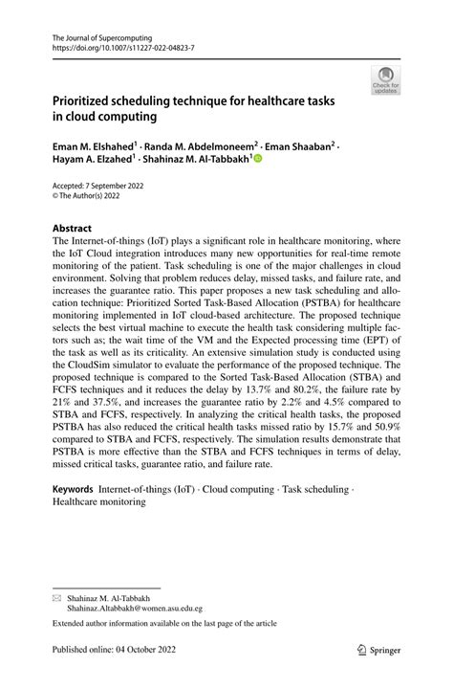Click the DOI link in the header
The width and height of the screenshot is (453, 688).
click(x=113, y=46)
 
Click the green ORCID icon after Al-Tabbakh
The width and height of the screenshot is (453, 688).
click(x=257, y=159)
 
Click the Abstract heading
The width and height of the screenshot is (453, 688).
click(x=72, y=229)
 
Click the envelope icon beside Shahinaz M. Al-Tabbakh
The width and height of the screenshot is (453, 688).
click(x=56, y=594)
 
